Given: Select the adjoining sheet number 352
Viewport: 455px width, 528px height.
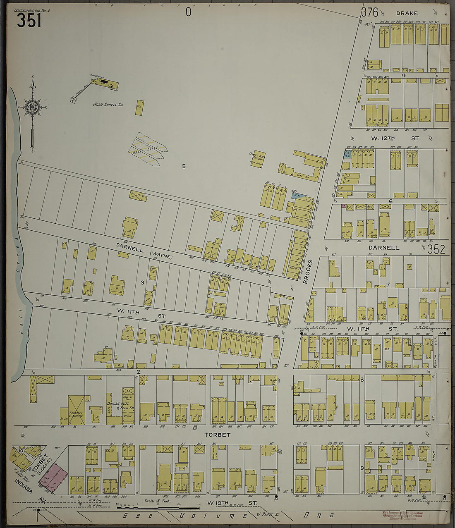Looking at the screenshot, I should (x=436, y=249).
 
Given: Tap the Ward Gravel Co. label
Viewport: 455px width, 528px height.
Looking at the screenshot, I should (x=108, y=105).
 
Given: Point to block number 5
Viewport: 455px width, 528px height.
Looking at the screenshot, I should (x=184, y=166).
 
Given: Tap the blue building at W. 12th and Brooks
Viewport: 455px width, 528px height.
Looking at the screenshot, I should (x=347, y=155).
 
